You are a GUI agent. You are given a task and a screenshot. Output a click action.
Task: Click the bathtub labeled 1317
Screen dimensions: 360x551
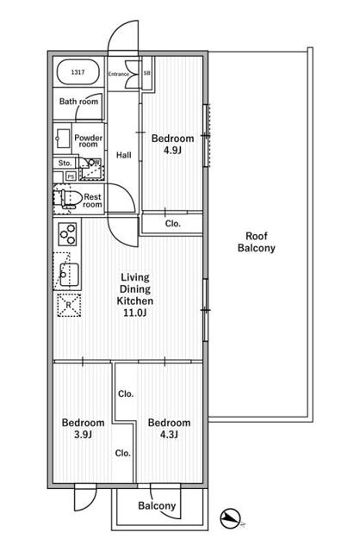pos(78,72)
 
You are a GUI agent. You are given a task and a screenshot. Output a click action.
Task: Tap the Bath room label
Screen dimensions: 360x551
pos(78,102)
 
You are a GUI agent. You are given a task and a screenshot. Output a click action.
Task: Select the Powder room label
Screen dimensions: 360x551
pos(88,141)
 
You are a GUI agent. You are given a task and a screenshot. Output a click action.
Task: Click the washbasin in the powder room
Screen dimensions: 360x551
pos(63,139)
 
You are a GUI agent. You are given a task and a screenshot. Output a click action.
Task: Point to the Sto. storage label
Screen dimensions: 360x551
pos(65,163)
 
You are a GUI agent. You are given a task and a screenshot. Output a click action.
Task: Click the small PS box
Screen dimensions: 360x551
pos(71,176)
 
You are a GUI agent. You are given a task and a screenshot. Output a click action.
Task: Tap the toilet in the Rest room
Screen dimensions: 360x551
pos(69,199)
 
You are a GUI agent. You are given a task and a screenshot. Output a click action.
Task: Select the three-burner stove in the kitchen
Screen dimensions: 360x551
pos(68,233)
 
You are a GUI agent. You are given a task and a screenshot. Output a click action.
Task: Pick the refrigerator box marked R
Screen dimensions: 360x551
pos(69,305)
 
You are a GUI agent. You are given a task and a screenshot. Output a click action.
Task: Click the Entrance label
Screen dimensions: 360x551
pos(119,74)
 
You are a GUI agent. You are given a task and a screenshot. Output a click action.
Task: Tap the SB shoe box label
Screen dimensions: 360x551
pos(147,73)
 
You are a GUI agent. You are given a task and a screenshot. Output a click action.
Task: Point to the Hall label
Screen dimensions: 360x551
pos(124,155)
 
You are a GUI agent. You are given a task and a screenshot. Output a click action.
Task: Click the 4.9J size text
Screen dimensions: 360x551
pos(172,151)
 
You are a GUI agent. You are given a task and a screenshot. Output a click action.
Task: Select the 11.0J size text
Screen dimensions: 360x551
pos(135,313)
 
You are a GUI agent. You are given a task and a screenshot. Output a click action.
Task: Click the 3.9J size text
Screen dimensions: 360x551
pos(83,435)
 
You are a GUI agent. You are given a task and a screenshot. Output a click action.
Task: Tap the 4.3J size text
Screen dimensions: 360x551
pos(169,435)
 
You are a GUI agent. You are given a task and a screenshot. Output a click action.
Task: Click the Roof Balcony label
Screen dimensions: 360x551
pos(257,242)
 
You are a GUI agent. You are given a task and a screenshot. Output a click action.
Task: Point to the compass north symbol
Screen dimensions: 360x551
pos(231,518)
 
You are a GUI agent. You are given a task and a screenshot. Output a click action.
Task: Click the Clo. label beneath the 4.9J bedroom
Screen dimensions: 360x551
pos(172,224)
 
